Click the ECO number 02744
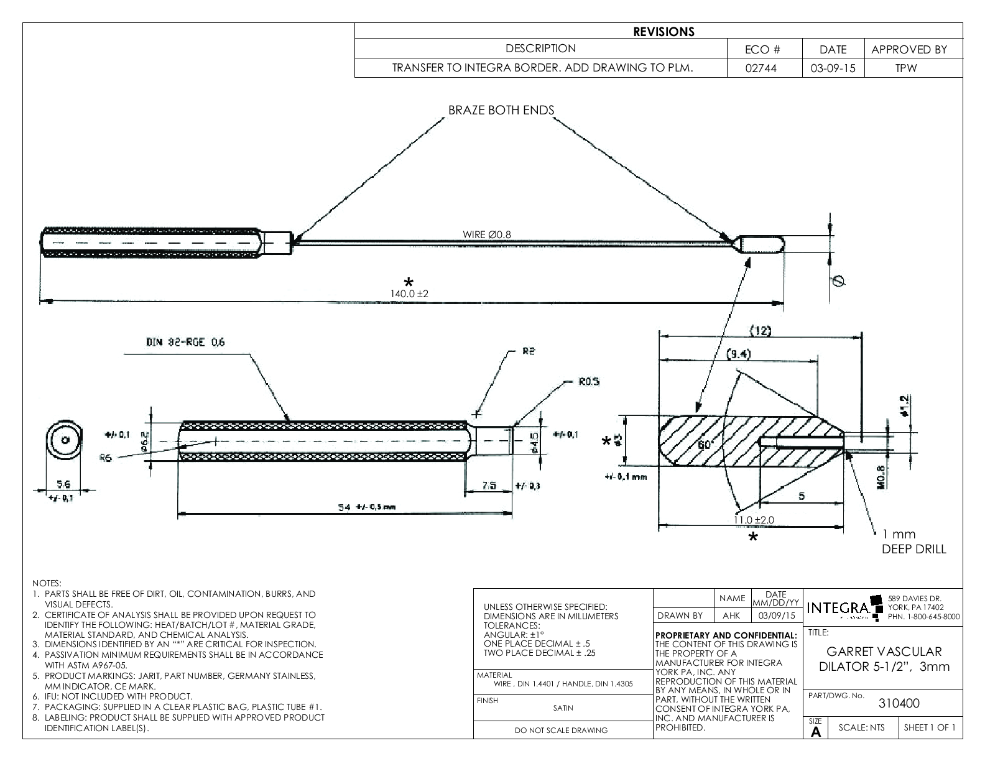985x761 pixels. (764, 68)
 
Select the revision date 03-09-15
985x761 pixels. (833, 68)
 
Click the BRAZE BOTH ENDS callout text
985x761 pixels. (501, 110)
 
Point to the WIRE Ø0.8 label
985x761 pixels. (487, 234)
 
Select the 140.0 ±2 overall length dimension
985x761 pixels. (410, 293)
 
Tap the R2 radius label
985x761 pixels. (528, 351)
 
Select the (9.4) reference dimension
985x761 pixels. (739, 354)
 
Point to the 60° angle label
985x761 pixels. (705, 445)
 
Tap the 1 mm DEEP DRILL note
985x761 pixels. (913, 542)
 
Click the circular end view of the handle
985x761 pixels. (63, 441)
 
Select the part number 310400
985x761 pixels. (899, 703)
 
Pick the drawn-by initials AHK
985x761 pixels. (731, 616)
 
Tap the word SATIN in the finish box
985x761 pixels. (563, 708)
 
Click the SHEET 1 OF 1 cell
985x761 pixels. (930, 727)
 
